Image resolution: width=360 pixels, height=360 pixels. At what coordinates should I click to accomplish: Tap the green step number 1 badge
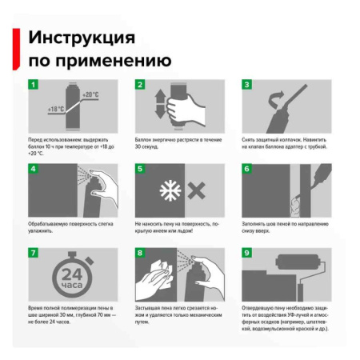[x=34, y=86]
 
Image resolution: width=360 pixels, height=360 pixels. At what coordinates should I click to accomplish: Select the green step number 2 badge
[x=140, y=86]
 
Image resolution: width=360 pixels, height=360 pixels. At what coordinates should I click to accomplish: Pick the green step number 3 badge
[x=247, y=86]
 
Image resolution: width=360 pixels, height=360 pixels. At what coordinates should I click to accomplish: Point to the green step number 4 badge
[x=34, y=170]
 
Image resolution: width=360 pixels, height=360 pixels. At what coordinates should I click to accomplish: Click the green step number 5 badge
[x=140, y=170]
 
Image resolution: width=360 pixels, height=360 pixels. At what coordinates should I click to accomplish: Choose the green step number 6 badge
[x=247, y=170]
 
